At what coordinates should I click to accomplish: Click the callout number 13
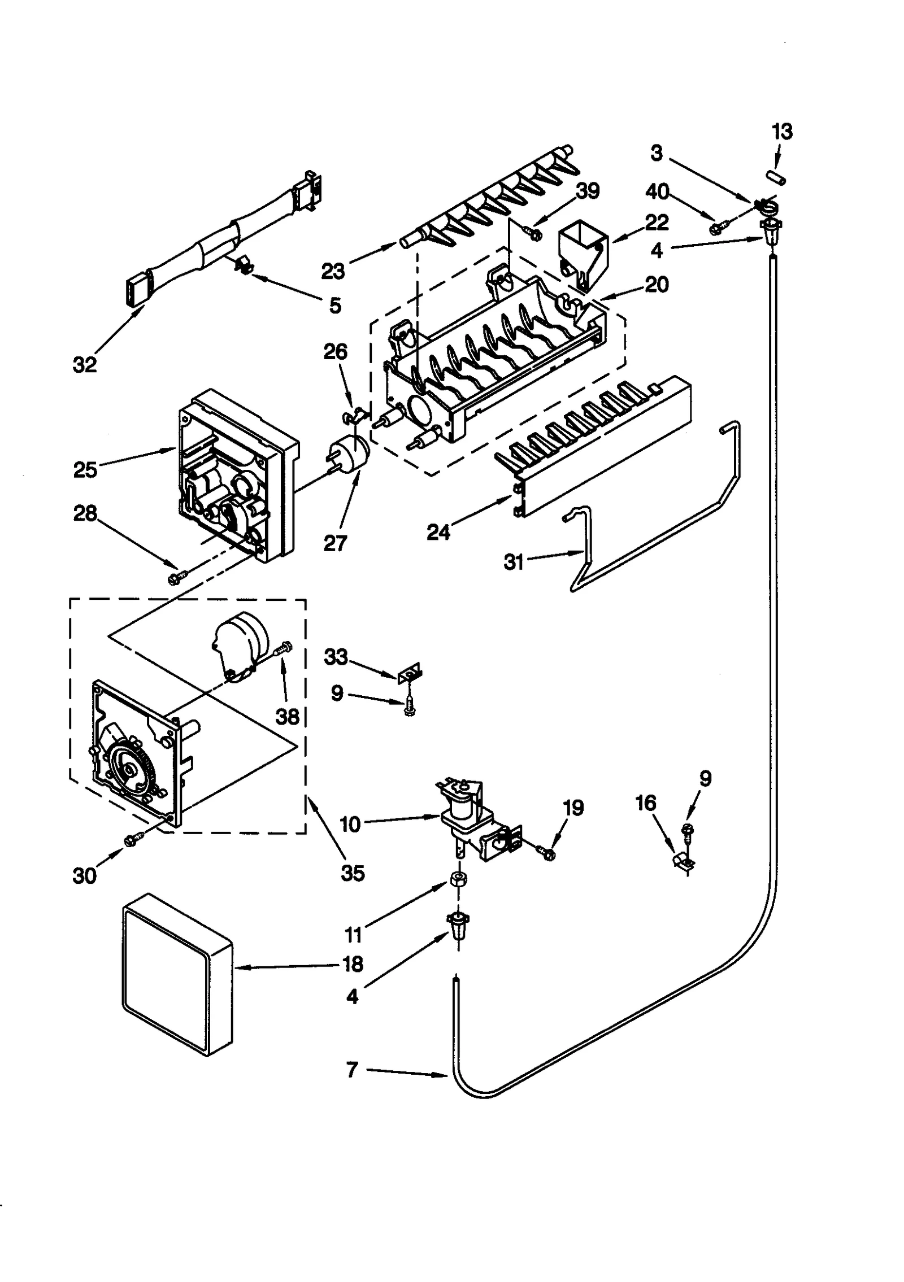(783, 132)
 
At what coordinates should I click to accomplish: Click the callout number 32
(85, 365)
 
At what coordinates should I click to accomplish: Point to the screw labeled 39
(533, 232)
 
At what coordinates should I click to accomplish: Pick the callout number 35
(353, 873)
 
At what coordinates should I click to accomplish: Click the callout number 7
(352, 1070)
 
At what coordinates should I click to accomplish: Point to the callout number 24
(438, 531)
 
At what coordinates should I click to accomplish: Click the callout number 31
(514, 562)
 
